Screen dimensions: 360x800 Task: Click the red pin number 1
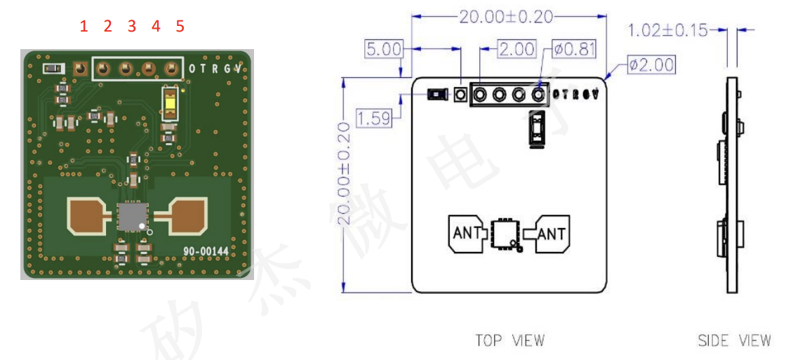(x=84, y=27)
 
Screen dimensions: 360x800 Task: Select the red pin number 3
(x=132, y=27)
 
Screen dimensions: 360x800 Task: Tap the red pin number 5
(x=180, y=27)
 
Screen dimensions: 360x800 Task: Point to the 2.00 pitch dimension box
(x=516, y=49)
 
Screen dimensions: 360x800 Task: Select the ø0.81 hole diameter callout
(x=574, y=49)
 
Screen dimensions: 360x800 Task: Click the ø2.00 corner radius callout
(x=651, y=65)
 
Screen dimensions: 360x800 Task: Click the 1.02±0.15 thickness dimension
(x=666, y=30)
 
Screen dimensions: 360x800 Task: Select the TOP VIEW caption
(x=509, y=340)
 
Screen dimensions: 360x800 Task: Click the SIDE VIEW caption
(x=734, y=340)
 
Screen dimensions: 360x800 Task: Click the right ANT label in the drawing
(x=552, y=234)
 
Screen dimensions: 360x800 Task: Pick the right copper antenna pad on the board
(x=187, y=215)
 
